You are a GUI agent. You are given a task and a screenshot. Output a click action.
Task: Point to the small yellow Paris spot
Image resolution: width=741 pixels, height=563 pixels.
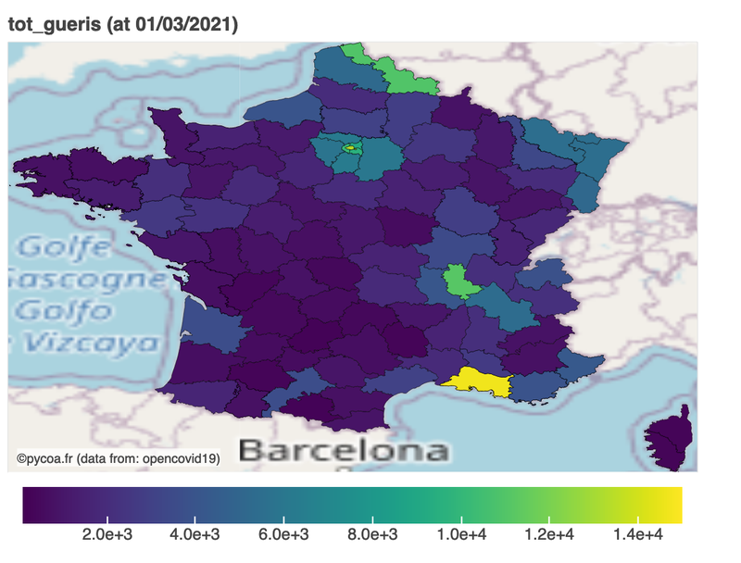coord(350,147)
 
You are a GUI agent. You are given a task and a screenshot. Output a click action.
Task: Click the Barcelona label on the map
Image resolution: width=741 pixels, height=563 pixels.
coord(344,451)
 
